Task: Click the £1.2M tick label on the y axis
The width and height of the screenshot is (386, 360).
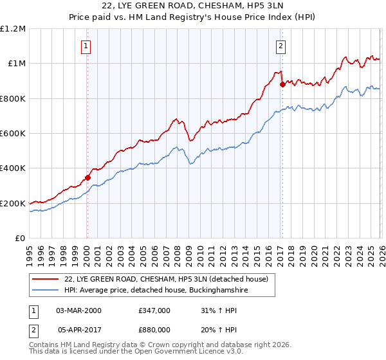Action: [x=14, y=29]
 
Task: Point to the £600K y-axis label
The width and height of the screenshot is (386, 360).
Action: [x=14, y=134]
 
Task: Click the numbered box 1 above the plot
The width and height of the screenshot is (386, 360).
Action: [x=86, y=46]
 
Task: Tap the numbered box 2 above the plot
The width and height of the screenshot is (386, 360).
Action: [x=282, y=46]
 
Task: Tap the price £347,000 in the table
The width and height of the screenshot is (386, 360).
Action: [x=154, y=310]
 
